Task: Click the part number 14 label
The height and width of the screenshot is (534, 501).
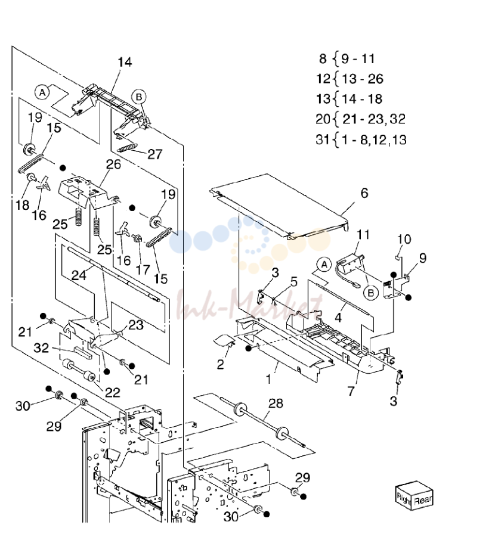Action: click(125, 62)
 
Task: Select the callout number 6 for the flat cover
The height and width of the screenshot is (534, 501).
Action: click(364, 193)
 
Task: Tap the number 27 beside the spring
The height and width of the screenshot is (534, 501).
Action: click(154, 154)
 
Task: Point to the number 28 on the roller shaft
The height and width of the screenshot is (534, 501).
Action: click(276, 403)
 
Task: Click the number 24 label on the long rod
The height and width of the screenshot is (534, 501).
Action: click(79, 275)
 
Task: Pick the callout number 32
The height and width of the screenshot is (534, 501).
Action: click(41, 347)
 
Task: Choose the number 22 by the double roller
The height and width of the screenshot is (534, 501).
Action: click(113, 393)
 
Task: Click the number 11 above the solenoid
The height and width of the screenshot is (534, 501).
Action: click(363, 235)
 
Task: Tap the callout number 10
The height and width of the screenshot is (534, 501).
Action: click(404, 239)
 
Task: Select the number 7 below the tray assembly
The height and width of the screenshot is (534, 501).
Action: click(351, 390)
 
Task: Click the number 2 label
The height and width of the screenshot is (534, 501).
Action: click(221, 364)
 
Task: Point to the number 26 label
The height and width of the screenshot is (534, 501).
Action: click(113, 164)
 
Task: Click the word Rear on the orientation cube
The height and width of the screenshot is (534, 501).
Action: click(423, 500)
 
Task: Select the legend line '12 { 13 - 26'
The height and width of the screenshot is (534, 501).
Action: click(350, 79)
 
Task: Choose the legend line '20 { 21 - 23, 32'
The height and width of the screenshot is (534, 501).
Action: click(361, 119)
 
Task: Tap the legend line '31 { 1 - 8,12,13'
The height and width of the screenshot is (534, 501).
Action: click(361, 139)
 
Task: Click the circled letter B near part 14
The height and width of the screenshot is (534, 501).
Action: click(139, 97)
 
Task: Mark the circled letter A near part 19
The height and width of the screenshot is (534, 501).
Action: click(42, 92)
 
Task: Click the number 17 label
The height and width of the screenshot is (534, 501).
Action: click(143, 270)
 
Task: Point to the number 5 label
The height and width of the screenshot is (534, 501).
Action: click(294, 282)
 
